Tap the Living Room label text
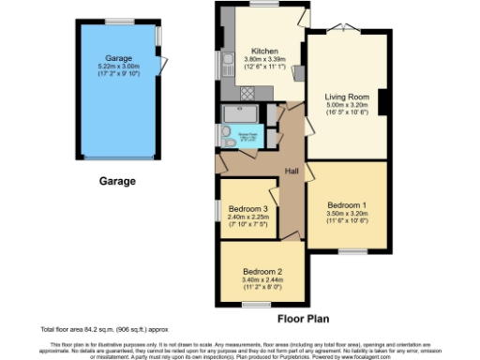pos(345,96)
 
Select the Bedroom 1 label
pos(345,204)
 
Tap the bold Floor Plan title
pos(302,319)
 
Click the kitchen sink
pos(228,64)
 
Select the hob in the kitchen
pos(249,93)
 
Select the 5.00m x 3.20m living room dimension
pos(345,105)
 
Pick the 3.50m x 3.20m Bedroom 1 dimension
pos(345,214)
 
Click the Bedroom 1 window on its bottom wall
pos(352,250)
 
